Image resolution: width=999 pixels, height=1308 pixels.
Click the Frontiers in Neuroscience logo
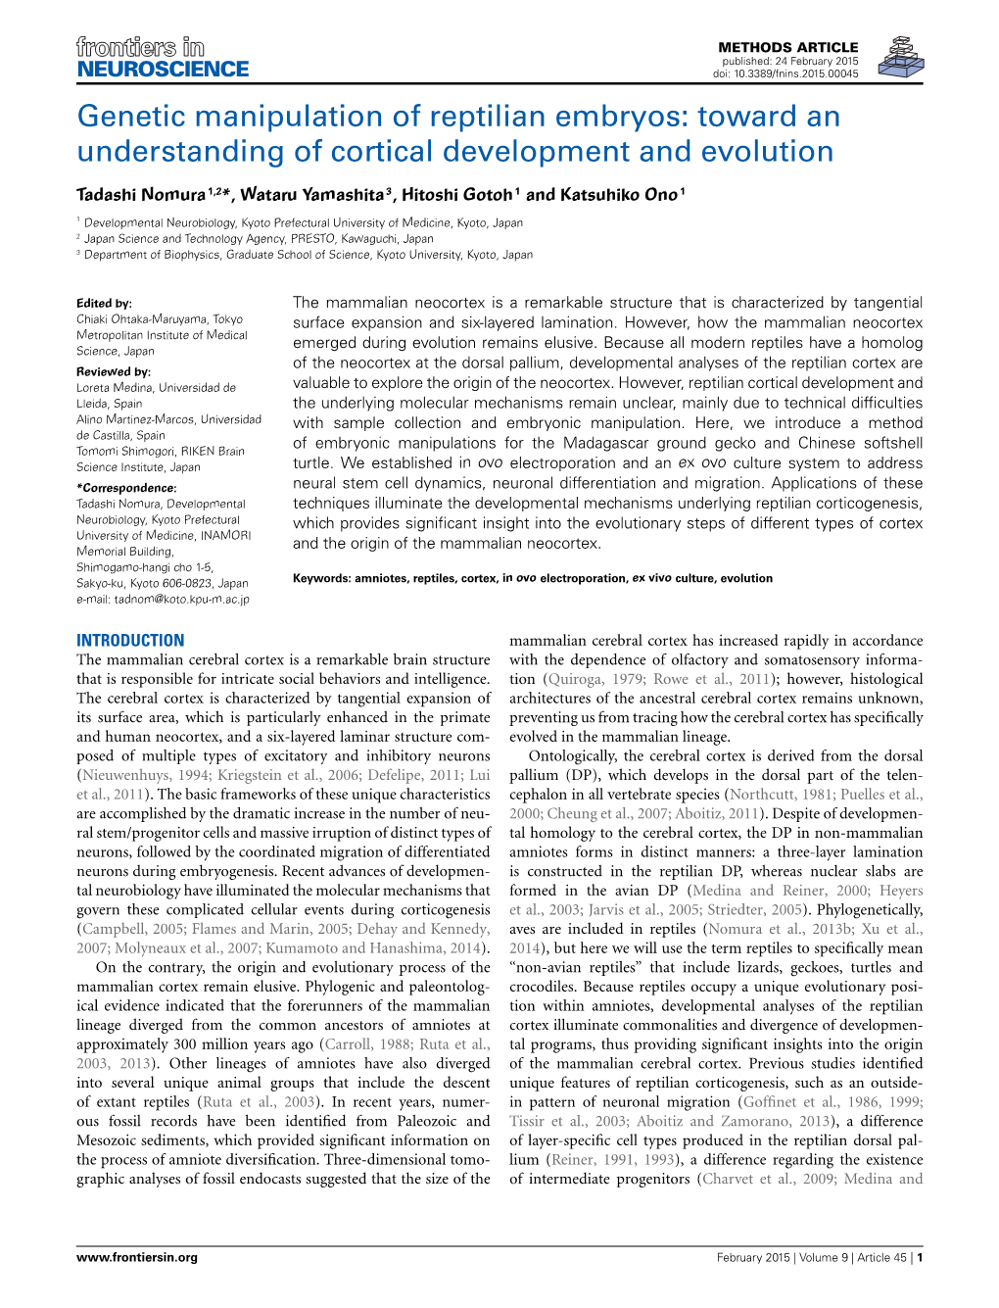click(163, 58)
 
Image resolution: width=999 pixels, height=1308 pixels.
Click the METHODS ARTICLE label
click(787, 47)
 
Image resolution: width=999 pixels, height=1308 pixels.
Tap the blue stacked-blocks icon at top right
click(900, 58)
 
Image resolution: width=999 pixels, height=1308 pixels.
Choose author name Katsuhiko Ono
click(618, 195)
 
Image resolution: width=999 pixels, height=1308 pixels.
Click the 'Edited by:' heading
click(104, 304)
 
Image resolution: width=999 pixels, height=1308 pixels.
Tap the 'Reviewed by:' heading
click(114, 372)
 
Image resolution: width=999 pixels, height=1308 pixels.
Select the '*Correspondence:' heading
click(126, 488)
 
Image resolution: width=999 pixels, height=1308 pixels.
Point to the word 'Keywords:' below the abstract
click(321, 578)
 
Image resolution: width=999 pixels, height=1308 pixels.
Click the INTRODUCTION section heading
click(130, 641)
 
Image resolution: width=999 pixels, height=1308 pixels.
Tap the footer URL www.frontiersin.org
click(137, 1257)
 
